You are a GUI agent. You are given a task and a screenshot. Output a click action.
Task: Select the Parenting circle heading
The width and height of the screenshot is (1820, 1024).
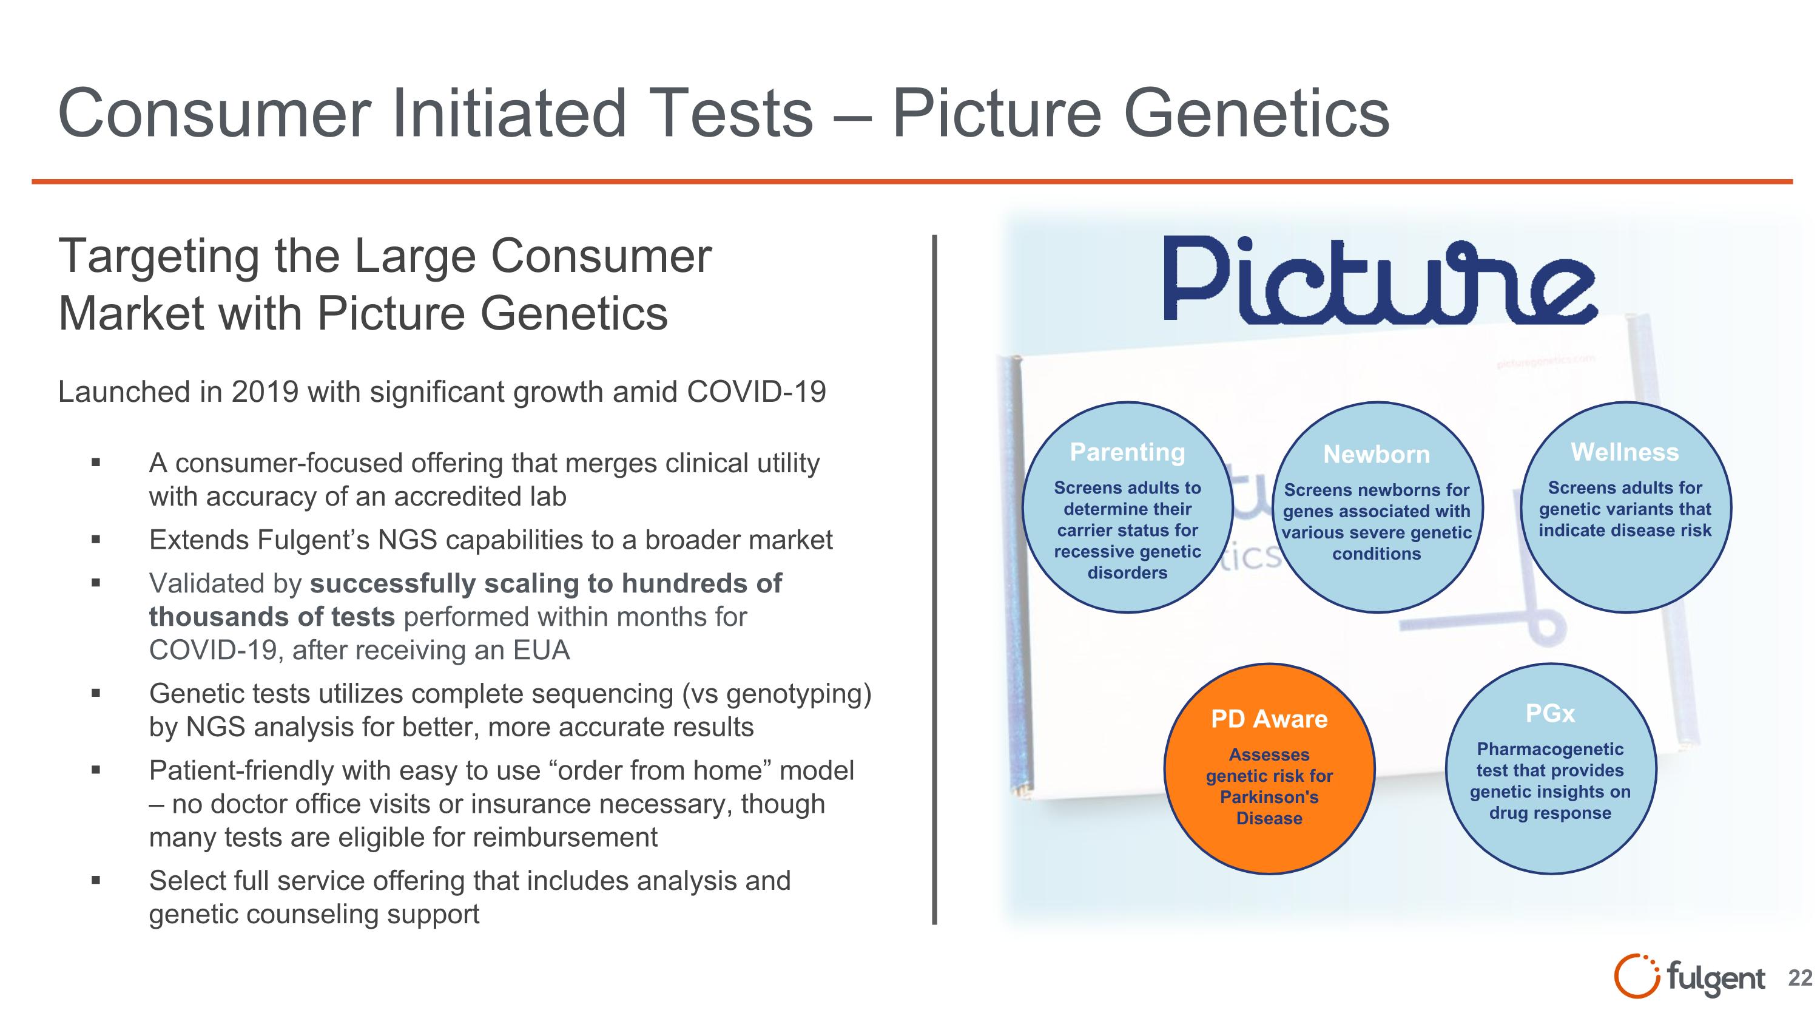[x=1127, y=452]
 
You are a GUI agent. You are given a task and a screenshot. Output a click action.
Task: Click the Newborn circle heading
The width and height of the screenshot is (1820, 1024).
[x=1377, y=455]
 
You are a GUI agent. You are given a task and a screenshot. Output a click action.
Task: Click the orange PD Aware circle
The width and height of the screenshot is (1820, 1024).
[x=1269, y=768]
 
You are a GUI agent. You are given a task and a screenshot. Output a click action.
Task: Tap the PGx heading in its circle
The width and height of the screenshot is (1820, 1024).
[x=1549, y=714]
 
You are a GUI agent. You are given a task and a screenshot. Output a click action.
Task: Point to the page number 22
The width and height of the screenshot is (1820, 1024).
[x=1799, y=978]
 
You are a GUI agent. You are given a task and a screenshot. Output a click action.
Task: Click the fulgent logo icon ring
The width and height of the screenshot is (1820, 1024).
[x=1635, y=977]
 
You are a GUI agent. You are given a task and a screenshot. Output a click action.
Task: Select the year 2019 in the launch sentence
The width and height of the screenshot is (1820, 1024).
[x=265, y=392]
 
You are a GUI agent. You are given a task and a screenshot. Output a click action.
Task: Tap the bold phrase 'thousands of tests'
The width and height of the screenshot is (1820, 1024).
[x=271, y=617]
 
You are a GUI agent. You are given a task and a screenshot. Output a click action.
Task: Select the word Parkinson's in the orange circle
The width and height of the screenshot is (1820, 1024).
[x=1269, y=797]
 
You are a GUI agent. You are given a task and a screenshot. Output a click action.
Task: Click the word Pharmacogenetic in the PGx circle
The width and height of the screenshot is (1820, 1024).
[x=1549, y=749]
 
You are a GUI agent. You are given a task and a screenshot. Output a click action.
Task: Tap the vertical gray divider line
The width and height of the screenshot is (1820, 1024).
[x=934, y=580]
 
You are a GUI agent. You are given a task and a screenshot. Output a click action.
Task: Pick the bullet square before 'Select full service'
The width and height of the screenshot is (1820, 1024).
[x=96, y=881]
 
